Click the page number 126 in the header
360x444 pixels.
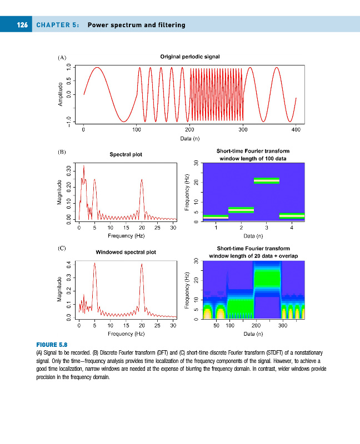point(22,25)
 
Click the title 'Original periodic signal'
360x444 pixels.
point(189,57)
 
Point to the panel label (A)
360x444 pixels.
point(62,57)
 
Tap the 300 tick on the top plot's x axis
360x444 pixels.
point(243,129)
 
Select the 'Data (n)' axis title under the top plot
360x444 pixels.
point(189,138)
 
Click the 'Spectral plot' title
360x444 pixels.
point(126,154)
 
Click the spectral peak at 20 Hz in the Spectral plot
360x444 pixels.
point(142,180)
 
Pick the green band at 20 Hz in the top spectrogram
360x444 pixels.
point(266,180)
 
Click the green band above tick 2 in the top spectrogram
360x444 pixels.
point(241,210)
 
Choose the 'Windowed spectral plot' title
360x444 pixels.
point(126,252)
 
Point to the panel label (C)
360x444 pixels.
point(62,248)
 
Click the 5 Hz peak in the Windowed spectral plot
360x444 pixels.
point(95,264)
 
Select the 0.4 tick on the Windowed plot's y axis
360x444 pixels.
point(69,264)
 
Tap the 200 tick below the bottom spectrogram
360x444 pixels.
point(256,325)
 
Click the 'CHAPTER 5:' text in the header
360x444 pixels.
point(58,25)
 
